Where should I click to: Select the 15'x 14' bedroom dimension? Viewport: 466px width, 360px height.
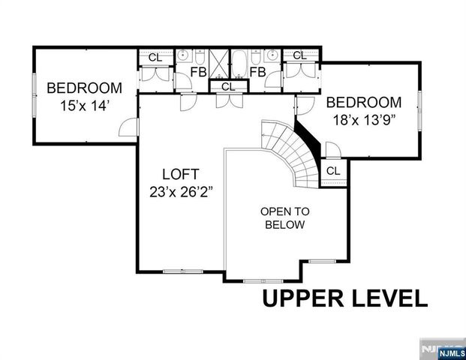click(85, 106)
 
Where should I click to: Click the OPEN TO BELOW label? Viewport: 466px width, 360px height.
click(283, 217)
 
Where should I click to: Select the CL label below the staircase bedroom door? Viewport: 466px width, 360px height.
click(332, 171)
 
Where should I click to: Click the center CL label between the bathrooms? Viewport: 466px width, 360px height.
click(228, 87)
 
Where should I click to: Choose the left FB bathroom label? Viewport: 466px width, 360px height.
click(198, 72)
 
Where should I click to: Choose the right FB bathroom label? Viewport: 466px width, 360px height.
click(257, 72)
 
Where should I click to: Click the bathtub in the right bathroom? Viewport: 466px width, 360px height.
click(239, 63)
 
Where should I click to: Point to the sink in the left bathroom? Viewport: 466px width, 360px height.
click(182, 55)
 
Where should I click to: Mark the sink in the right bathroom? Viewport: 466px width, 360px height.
click(272, 55)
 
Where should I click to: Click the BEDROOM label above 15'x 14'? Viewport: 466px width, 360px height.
click(85, 88)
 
